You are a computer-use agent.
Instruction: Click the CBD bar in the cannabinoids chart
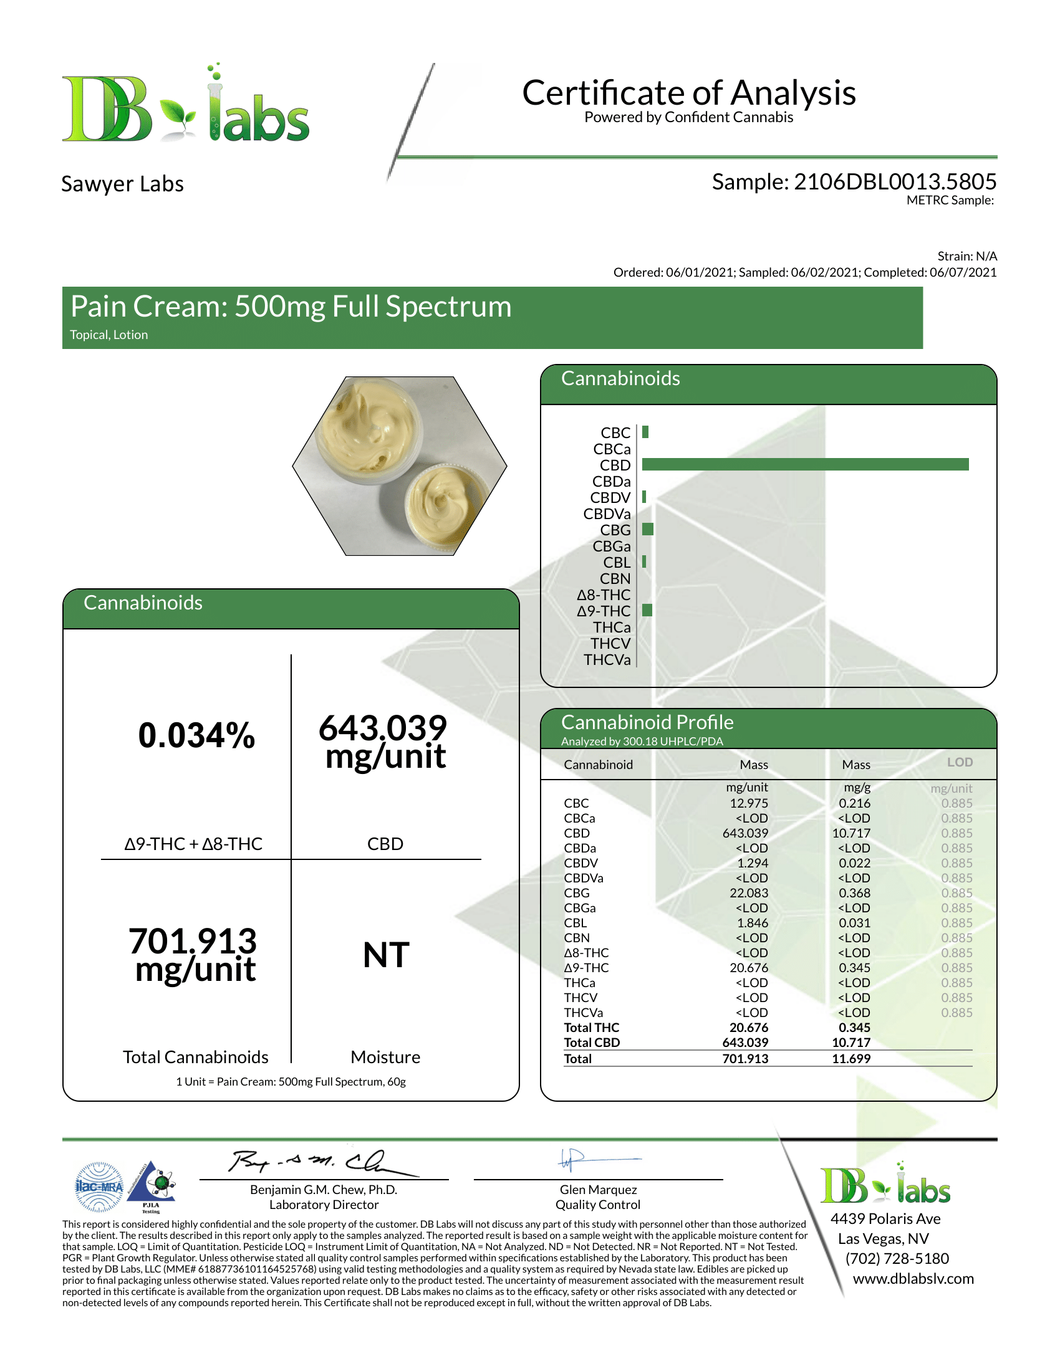805,464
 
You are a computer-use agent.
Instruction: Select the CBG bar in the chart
647,529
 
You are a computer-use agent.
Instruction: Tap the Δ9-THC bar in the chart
647,610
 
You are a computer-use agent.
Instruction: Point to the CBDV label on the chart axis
610,498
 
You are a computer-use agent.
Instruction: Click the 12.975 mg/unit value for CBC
748,803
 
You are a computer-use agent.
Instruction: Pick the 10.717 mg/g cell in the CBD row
851,833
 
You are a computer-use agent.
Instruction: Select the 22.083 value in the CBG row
748,892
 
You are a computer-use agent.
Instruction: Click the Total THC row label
591,1028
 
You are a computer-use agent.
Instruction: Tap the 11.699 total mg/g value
851,1058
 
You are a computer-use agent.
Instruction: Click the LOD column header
960,762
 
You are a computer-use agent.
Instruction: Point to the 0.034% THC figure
196,736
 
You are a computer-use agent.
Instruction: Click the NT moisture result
386,955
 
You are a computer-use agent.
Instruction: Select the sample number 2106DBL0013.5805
895,182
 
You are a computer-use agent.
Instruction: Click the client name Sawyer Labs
122,184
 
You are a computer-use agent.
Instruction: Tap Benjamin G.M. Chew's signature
320,1163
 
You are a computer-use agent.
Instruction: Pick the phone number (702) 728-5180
897,1259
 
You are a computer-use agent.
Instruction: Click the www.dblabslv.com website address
913,1279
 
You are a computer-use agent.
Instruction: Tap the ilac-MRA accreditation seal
99,1187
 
